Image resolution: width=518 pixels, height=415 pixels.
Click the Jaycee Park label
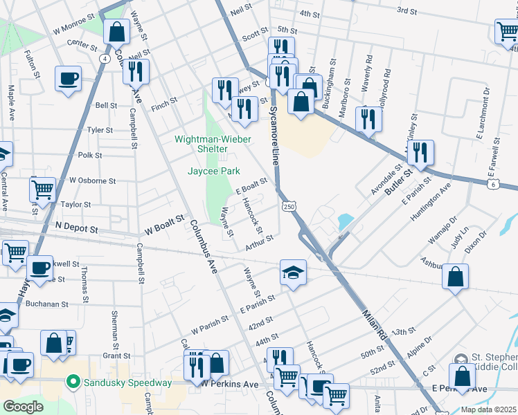point(211,170)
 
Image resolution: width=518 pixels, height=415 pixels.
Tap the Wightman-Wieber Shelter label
point(211,144)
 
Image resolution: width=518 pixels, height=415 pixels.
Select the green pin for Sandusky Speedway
point(72,382)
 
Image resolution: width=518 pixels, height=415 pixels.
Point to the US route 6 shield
point(492,184)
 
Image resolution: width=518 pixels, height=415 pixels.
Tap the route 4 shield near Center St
point(104,58)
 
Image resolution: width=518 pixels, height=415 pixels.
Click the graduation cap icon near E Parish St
point(292,271)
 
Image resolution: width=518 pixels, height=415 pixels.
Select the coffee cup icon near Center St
point(68,77)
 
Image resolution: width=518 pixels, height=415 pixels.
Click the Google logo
point(23,407)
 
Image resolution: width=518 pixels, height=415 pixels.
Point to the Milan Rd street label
point(374,323)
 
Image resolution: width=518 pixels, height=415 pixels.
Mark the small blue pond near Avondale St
point(344,222)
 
